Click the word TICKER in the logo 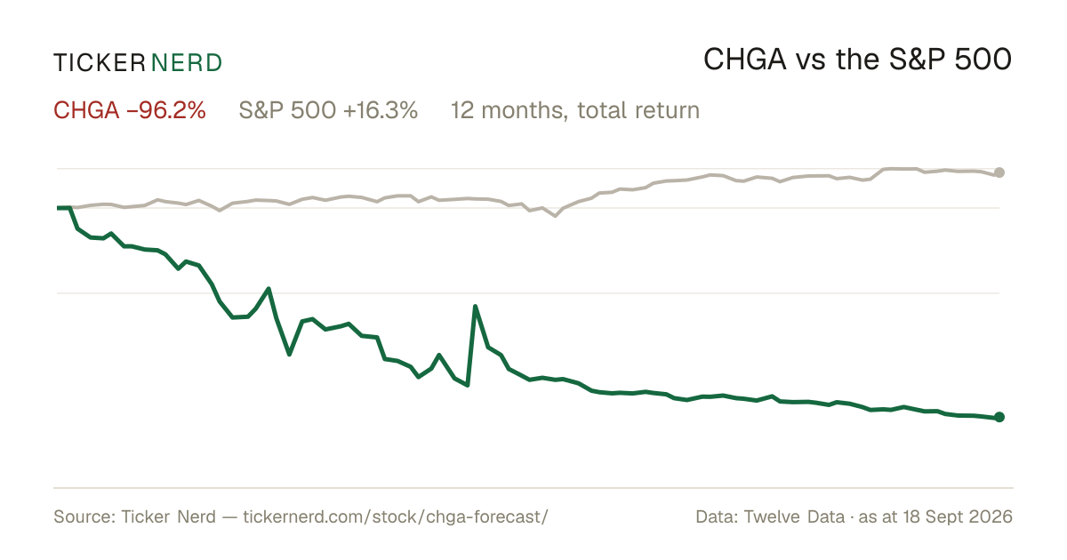(x=100, y=63)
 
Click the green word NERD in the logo (x=186, y=63)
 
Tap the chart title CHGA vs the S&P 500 (x=857, y=60)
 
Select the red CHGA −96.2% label (x=130, y=110)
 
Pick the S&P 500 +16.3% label (x=328, y=110)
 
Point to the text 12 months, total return (x=575, y=110)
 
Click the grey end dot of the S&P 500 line (x=999, y=172)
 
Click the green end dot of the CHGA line (x=999, y=417)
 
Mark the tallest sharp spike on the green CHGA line (x=475, y=306)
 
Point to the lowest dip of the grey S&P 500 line (x=555, y=216)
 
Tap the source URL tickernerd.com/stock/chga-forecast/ (x=396, y=516)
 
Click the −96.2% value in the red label (x=166, y=110)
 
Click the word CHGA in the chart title (x=745, y=60)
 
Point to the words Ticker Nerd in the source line (x=169, y=516)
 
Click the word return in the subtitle (x=670, y=110)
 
